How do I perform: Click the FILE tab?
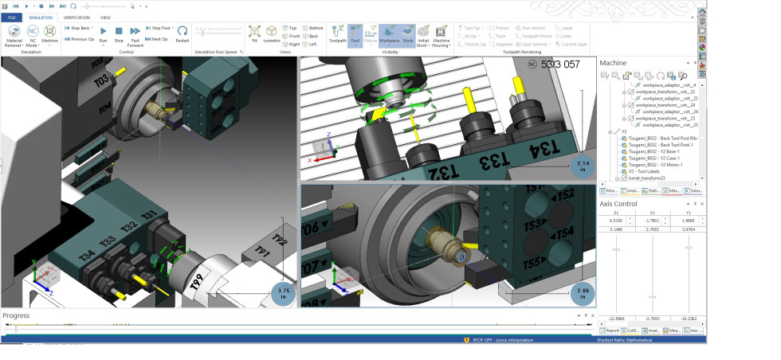pyautogui.click(x=12, y=17)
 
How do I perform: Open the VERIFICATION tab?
pyautogui.click(x=77, y=17)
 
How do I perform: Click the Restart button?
pyautogui.click(x=182, y=33)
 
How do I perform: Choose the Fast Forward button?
pyautogui.click(x=135, y=33)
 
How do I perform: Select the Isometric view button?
pyautogui.click(x=272, y=33)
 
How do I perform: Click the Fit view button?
pyautogui.click(x=254, y=33)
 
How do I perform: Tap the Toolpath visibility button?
pyautogui.click(x=337, y=33)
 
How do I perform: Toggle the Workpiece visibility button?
pyautogui.click(x=390, y=33)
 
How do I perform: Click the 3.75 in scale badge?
pyautogui.click(x=283, y=292)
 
